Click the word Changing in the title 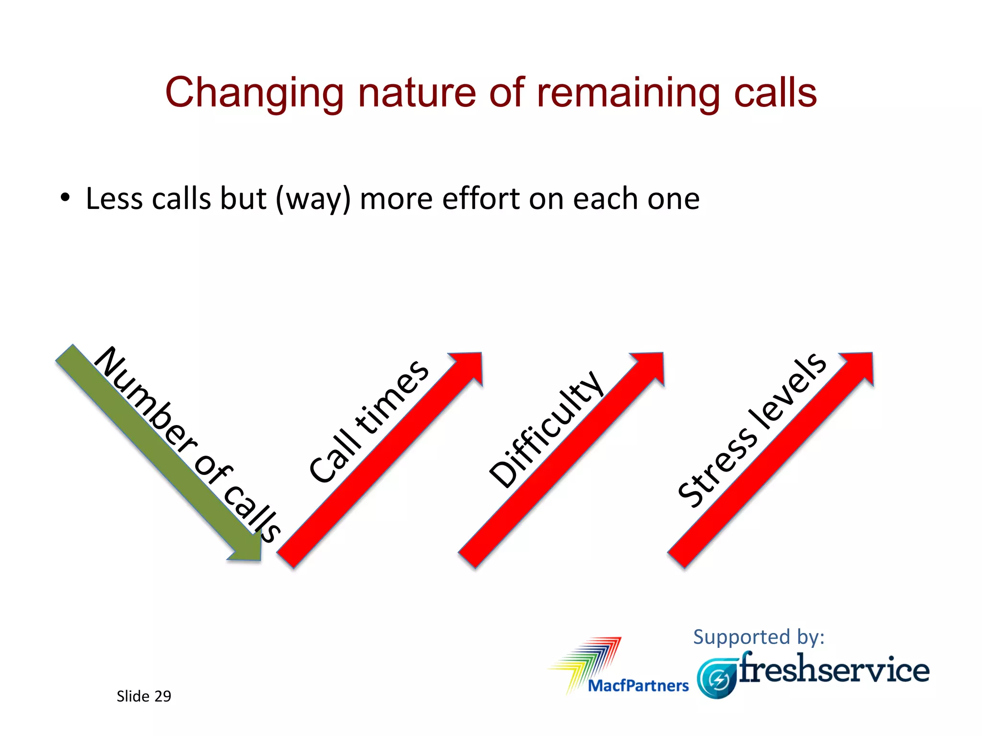(x=254, y=92)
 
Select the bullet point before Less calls (x=65, y=197)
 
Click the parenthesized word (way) (x=314, y=199)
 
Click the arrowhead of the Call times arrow (x=468, y=367)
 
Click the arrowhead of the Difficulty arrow (x=650, y=367)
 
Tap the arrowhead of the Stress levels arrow (x=858, y=367)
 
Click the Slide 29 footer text (x=143, y=696)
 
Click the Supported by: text (x=759, y=637)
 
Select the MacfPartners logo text (x=638, y=686)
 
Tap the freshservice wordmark (x=834, y=669)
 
